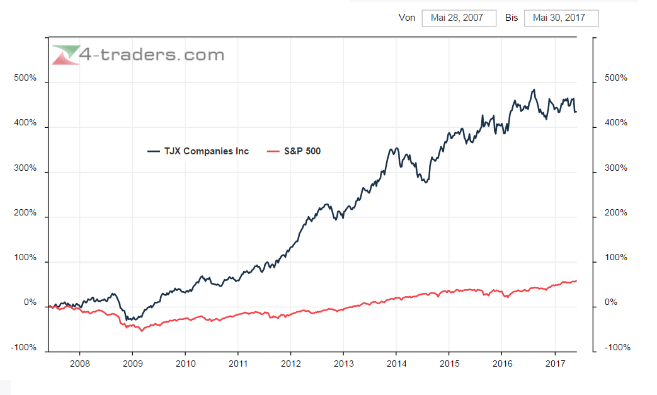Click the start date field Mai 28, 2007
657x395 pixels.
(457, 18)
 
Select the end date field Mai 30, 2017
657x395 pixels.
(561, 18)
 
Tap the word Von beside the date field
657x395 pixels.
(407, 18)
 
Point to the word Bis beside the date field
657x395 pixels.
(511, 18)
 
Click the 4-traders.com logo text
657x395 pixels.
(152, 55)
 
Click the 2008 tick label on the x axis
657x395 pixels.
(79, 364)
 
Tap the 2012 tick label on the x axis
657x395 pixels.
(290, 364)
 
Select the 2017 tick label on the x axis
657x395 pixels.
(554, 364)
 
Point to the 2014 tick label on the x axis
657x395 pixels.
(396, 364)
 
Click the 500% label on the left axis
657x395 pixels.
(25, 79)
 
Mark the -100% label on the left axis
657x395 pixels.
(24, 348)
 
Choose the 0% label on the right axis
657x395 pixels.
(611, 303)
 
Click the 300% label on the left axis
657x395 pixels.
(25, 169)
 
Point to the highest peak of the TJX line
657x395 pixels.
(534, 89)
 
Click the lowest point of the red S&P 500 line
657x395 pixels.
(141, 331)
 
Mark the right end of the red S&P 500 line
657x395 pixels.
(576, 281)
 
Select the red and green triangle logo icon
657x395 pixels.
(66, 55)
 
